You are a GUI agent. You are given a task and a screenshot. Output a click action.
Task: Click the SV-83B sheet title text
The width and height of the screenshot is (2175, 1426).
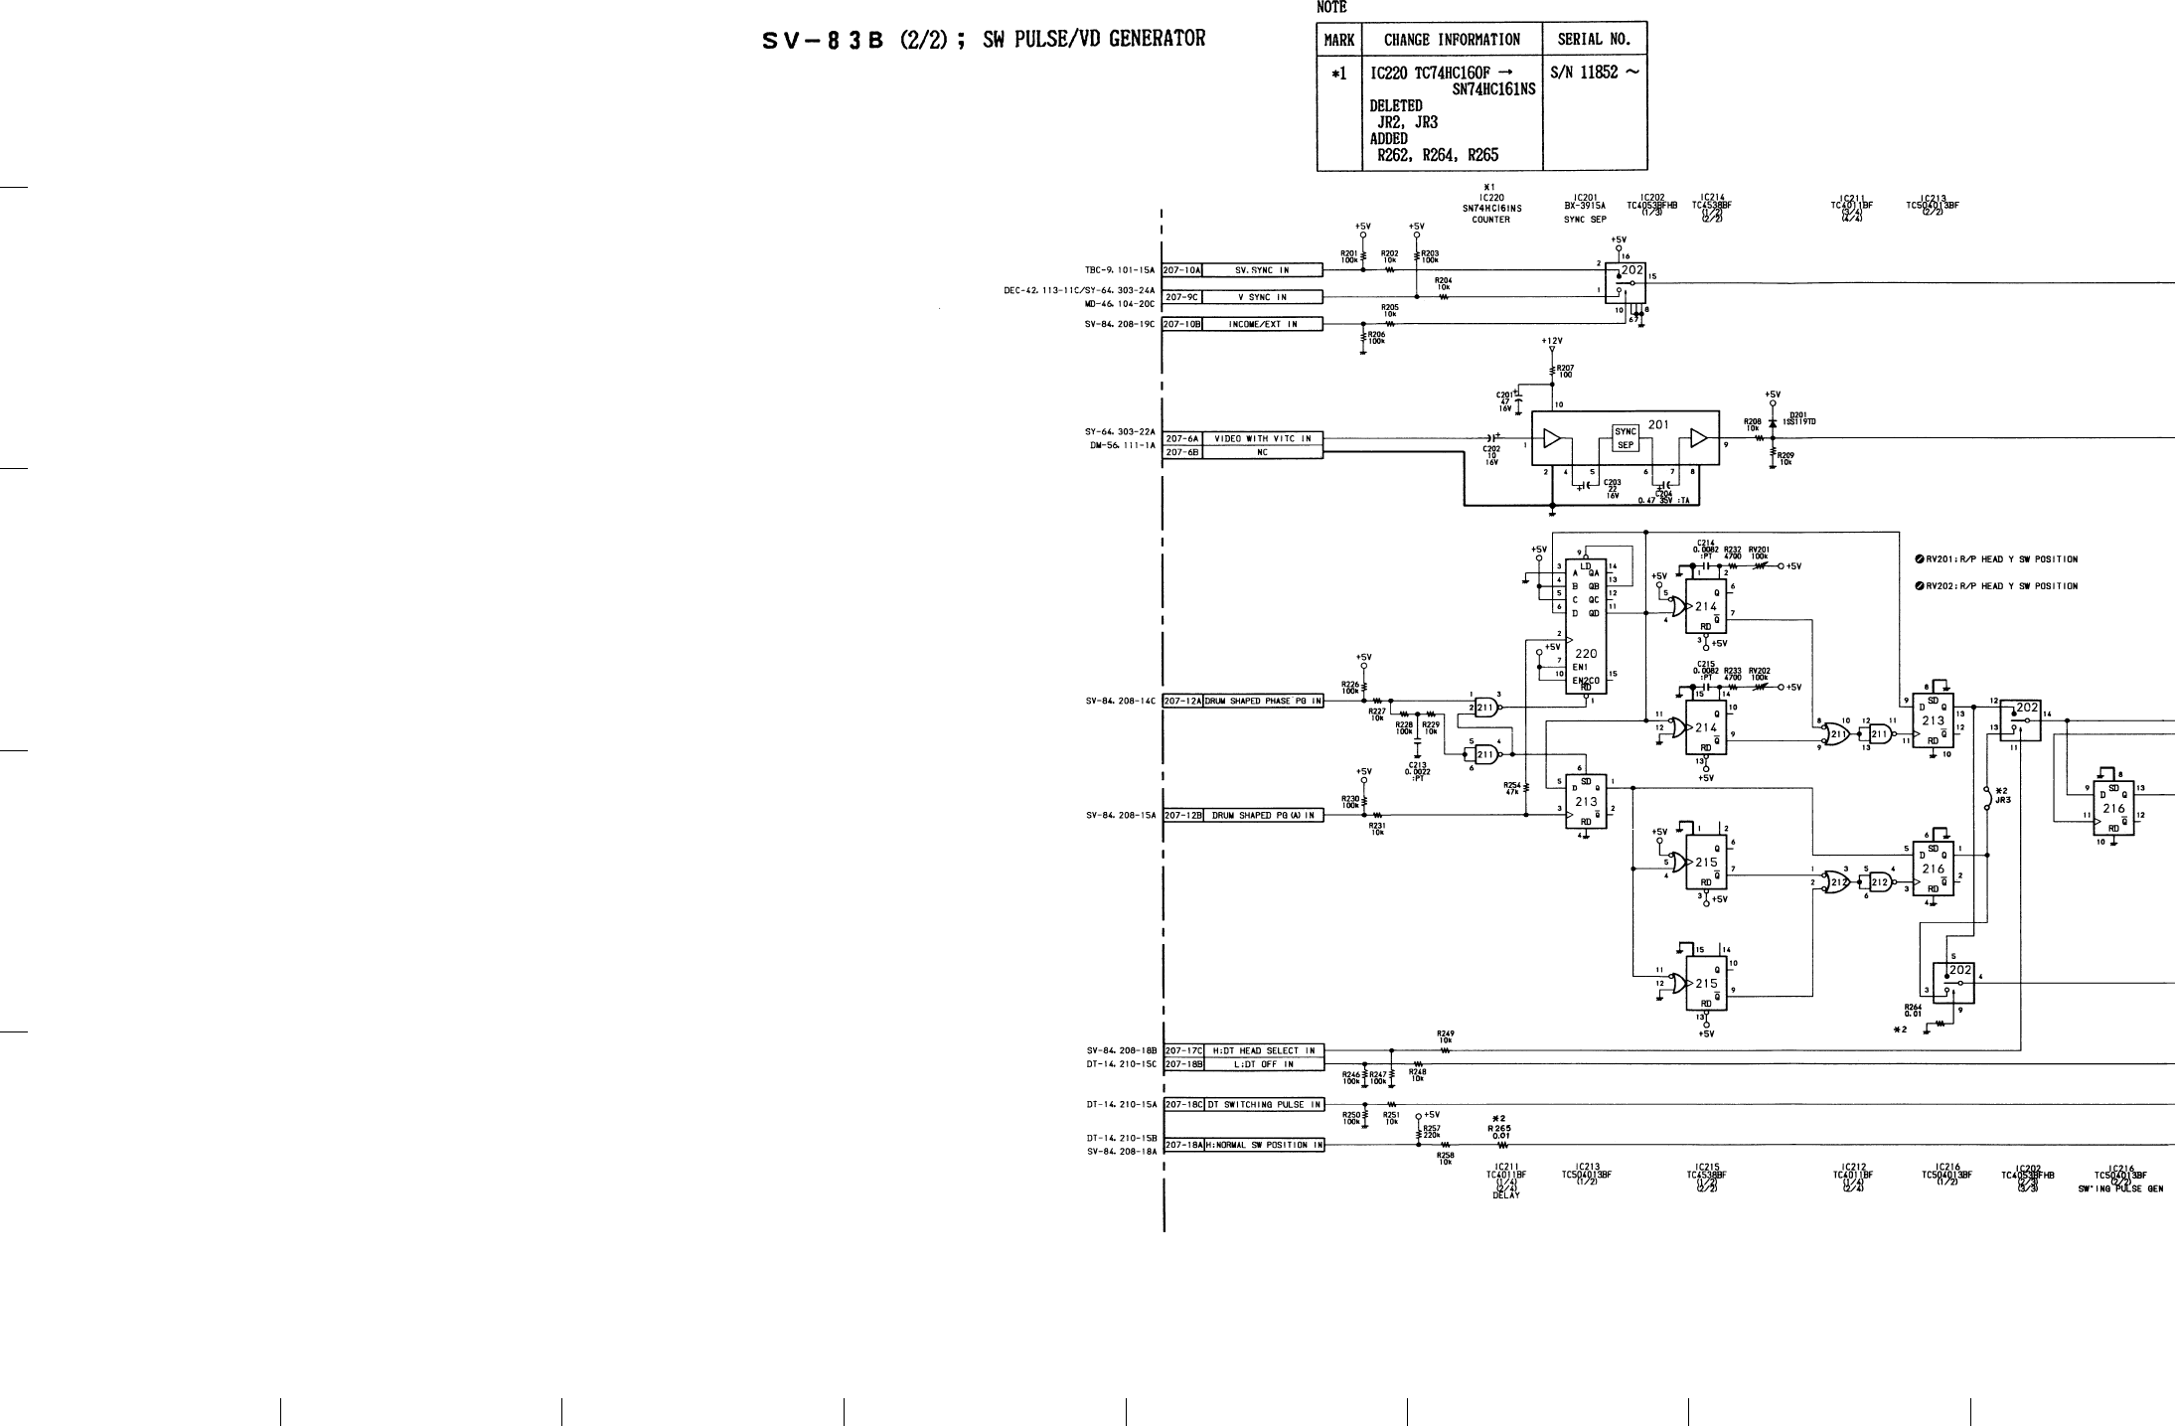984,41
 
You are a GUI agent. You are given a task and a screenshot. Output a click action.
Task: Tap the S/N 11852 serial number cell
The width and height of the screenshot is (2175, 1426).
1594,73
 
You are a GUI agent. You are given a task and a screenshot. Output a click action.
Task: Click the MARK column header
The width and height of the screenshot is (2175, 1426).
1338,40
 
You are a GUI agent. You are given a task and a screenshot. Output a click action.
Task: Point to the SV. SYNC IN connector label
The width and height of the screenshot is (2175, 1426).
1262,270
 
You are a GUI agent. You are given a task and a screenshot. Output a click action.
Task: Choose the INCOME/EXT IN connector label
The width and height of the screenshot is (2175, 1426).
1262,324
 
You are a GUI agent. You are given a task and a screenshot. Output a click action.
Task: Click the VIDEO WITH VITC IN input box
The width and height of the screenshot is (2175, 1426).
1262,438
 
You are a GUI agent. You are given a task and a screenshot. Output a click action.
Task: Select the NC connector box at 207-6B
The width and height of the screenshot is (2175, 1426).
1262,452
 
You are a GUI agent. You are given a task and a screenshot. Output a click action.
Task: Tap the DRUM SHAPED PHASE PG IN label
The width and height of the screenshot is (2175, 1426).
1262,701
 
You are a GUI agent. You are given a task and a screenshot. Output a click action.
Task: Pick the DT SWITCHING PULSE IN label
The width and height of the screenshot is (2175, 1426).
1264,1104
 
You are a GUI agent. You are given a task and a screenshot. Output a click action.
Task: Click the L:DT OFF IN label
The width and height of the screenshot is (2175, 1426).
1262,1064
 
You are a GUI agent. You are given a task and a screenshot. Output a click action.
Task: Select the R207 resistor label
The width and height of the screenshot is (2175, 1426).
1565,372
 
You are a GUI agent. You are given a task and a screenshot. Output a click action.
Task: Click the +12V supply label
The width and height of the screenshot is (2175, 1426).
1552,341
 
